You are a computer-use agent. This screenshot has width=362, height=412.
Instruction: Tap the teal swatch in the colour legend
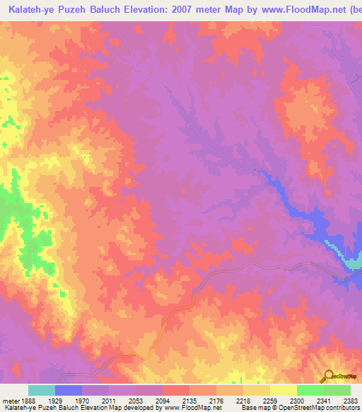42,390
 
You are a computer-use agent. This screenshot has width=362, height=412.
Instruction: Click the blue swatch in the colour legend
69,390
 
